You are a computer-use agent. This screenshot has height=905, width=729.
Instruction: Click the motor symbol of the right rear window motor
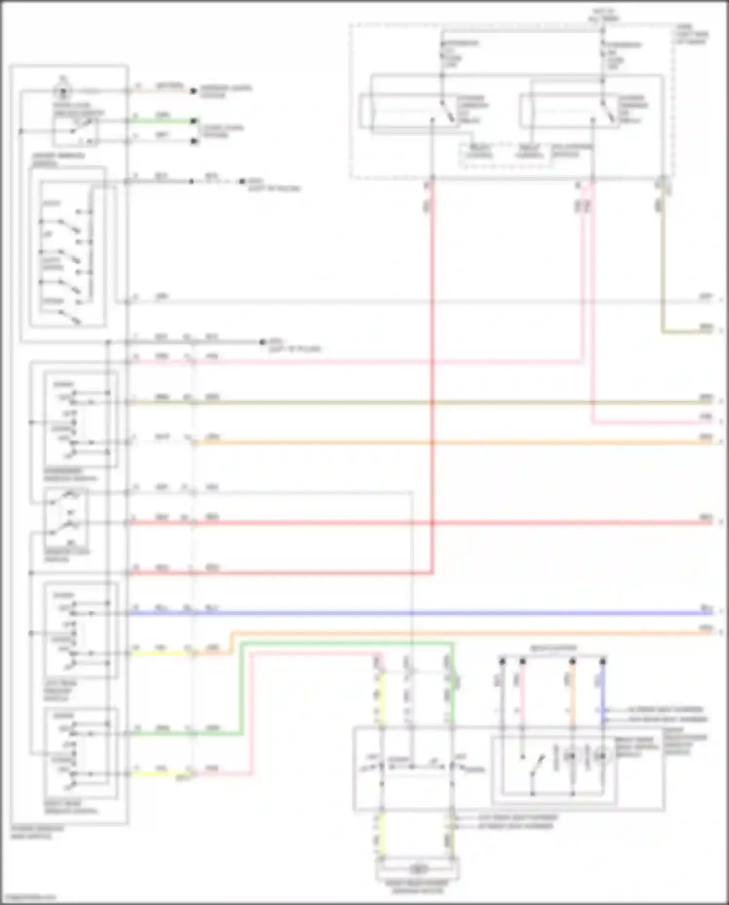[x=417, y=869]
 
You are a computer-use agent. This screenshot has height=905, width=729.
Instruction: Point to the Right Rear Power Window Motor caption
[x=417, y=887]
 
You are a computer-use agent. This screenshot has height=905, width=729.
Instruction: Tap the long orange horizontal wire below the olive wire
[x=437, y=443]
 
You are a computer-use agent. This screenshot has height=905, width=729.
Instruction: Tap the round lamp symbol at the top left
[x=63, y=90]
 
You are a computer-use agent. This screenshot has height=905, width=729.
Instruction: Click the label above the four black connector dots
[x=553, y=648]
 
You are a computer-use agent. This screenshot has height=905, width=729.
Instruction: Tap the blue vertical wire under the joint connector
[x=603, y=691]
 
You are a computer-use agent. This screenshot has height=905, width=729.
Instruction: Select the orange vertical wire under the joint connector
[x=573, y=691]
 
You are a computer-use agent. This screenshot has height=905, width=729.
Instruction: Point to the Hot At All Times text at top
[x=604, y=15]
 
